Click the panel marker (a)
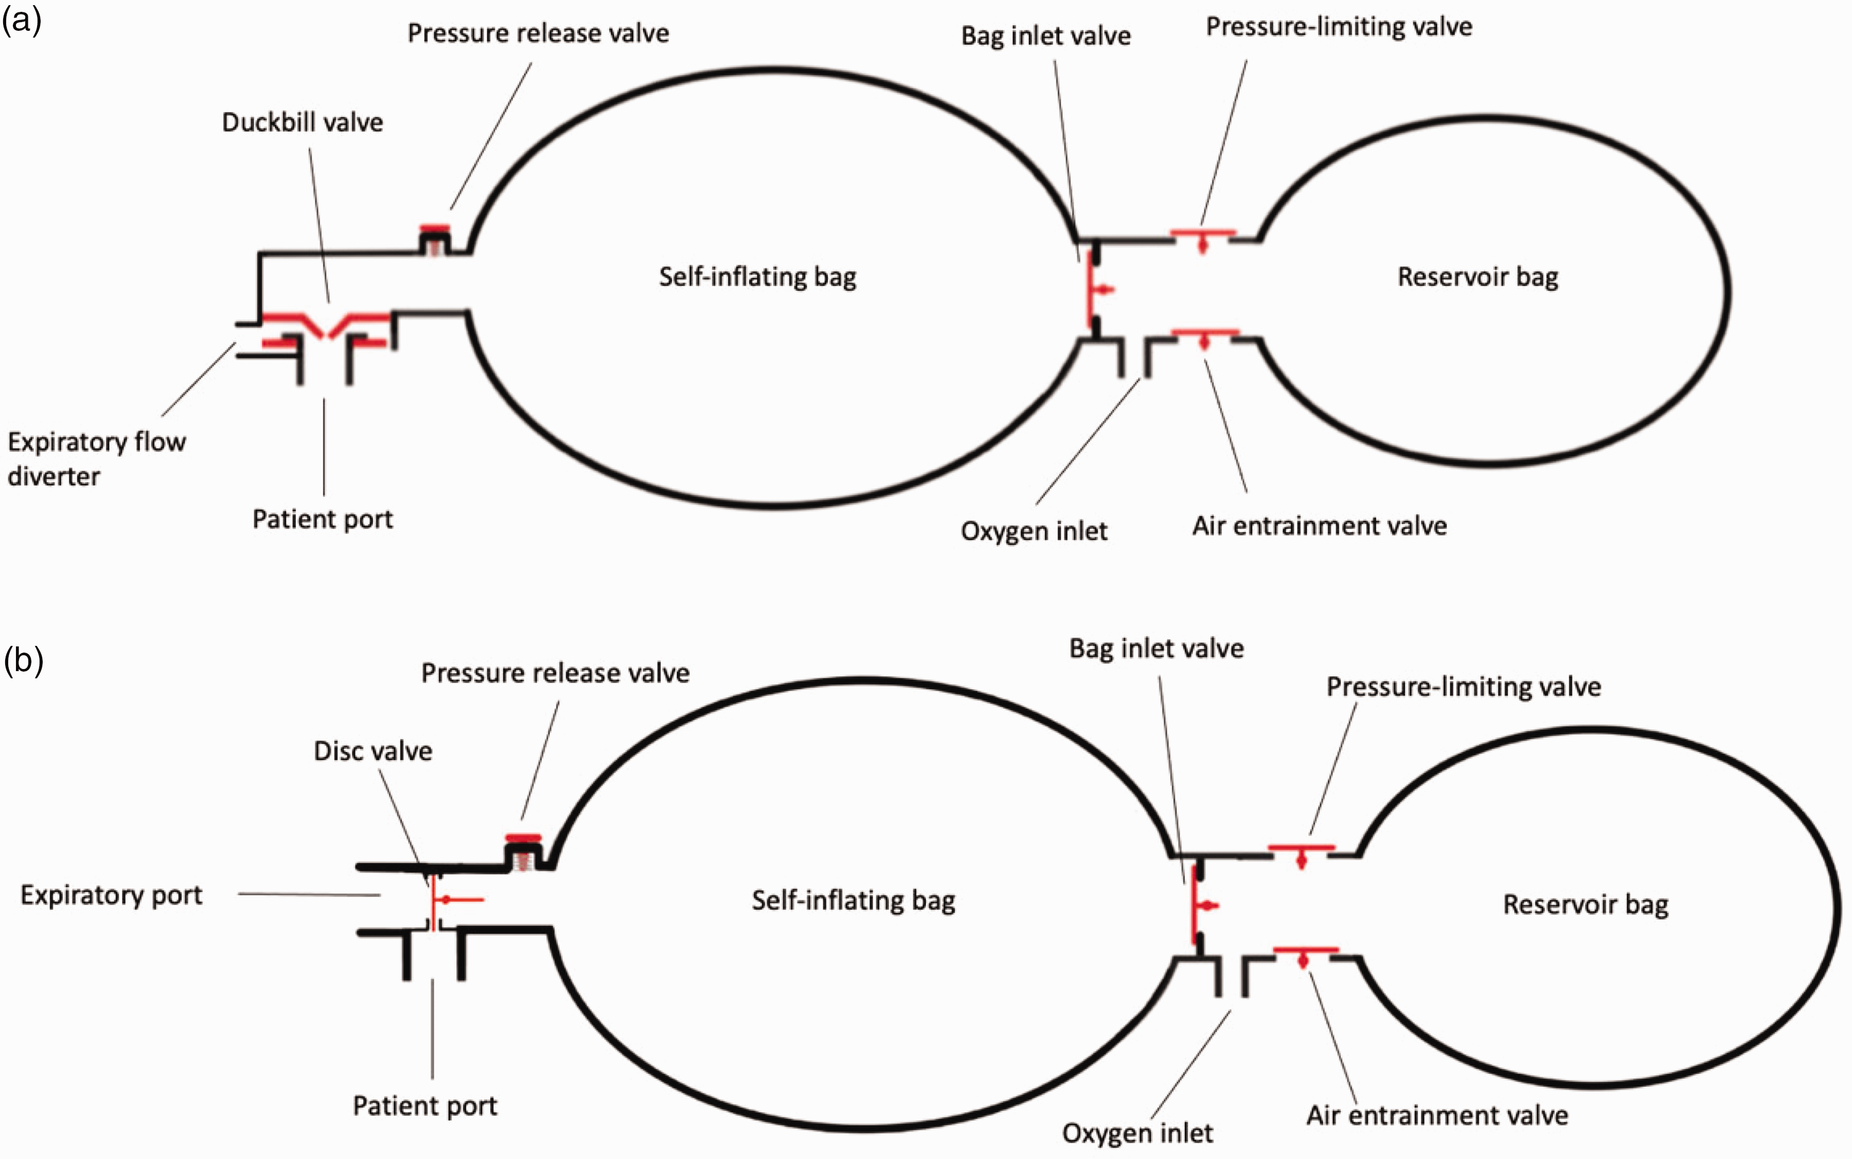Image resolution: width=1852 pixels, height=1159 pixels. coord(22,21)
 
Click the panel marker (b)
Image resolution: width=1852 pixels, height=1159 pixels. coord(23,660)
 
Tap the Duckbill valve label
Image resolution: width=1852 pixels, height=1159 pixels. coord(302,122)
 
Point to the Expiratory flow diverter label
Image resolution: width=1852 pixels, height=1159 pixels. coord(97,459)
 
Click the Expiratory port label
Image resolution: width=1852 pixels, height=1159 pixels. coord(111,895)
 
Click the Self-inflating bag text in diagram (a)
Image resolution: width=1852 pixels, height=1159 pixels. coord(758,277)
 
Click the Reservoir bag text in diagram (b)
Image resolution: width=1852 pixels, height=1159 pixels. coord(1586,905)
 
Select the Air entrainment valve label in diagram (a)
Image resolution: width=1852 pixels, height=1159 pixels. coord(1320,526)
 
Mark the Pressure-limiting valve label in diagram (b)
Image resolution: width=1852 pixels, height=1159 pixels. coord(1464,687)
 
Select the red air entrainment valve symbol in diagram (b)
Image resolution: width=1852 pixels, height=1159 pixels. coord(1306,955)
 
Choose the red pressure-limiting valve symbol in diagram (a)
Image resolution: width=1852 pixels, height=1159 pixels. coord(1203,237)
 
